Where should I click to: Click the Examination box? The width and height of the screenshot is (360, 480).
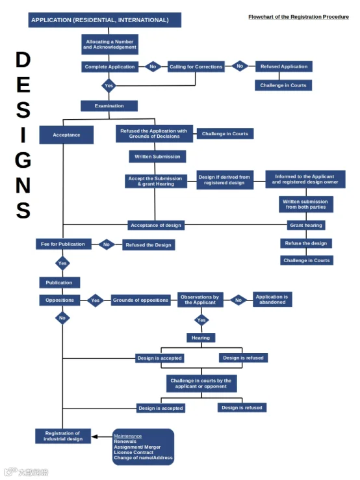109,106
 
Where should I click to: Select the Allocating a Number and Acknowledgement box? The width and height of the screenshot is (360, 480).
110,44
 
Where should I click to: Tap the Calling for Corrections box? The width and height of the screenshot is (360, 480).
196,67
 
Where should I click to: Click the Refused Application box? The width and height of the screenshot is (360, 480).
284,66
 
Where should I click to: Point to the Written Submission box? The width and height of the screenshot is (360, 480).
157,157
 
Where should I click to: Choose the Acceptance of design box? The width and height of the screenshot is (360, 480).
156,225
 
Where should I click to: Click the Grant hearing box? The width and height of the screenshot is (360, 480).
306,225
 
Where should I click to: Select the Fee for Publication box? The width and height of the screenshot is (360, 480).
63,244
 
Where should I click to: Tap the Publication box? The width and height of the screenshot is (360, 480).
60,282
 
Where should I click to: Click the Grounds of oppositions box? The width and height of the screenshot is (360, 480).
140,300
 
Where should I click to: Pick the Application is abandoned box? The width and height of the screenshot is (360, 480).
272,299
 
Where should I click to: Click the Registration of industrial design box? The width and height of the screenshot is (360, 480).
63,436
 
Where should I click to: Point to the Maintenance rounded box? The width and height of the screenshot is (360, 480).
143,447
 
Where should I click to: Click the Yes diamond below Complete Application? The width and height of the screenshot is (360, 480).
109,86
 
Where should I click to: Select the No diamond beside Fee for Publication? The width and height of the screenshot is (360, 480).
107,245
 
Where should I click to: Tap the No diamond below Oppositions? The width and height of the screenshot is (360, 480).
62,318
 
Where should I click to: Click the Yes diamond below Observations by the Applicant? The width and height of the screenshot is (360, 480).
201,320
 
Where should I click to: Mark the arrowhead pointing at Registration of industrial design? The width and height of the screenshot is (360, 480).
94,436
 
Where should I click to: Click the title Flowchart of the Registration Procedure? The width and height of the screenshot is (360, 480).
298,17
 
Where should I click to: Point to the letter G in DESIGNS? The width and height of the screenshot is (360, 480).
23,160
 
